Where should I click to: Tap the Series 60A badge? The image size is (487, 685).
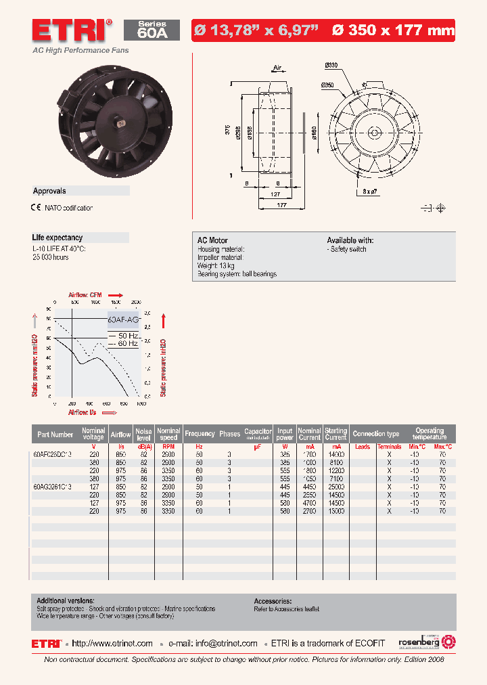tap(152, 30)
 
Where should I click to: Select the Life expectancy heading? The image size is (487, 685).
tap(57, 238)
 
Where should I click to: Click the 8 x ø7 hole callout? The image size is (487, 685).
tap(370, 192)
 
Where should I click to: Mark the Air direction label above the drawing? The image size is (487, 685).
tap(277, 68)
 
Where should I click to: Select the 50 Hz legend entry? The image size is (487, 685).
tap(123, 336)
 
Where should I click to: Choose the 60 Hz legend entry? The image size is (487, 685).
tap(123, 344)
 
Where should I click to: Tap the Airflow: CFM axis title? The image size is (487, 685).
tap(86, 295)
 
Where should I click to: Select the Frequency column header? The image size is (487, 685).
tap(200, 434)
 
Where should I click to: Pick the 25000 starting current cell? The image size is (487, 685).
tap(336, 486)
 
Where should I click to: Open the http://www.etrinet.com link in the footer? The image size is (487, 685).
tap(112, 644)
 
